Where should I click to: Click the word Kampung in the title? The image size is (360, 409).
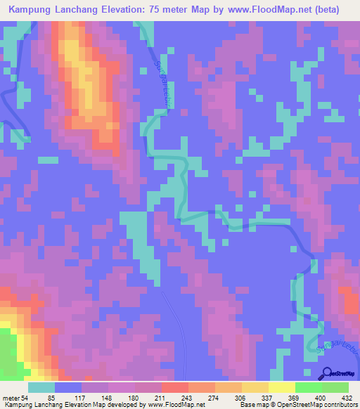33,10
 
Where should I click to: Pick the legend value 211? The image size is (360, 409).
148,398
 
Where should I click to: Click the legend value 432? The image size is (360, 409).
347,398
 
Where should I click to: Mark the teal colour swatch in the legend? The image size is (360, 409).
41,387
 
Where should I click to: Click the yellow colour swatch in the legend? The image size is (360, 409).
281,387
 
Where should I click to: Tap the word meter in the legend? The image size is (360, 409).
11,398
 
